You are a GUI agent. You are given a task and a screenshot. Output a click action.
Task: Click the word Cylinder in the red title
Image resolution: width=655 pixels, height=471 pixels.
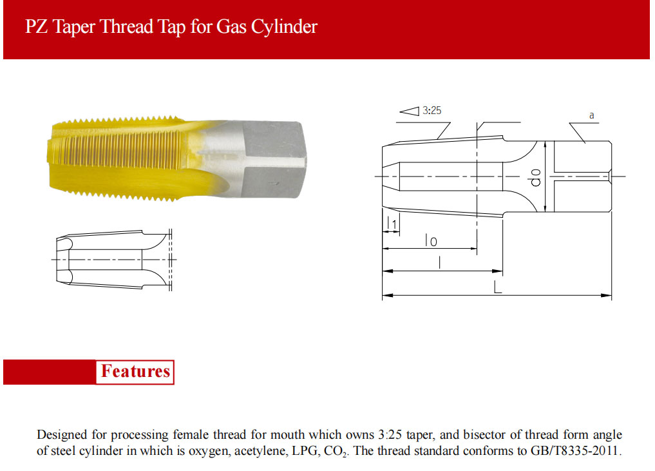coord(284,27)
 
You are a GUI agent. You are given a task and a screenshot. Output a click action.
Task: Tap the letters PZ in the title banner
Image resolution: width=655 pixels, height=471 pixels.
coord(37,26)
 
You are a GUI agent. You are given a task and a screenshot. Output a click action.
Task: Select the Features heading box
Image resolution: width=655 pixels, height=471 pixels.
coord(135,372)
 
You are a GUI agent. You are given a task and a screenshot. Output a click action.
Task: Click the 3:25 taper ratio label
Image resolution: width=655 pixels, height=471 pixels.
coord(432,110)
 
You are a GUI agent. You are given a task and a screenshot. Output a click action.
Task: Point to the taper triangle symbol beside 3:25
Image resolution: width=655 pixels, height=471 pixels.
coord(410,111)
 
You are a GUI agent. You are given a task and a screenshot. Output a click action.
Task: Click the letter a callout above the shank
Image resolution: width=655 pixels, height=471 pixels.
coord(591,115)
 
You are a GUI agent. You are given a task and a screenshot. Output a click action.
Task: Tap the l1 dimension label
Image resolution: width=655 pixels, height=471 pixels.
coord(392,223)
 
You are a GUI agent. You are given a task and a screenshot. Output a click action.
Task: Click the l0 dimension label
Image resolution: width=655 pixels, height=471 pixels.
coord(431,240)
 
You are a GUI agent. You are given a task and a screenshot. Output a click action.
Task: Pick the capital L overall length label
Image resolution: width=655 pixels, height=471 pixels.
coord(497,287)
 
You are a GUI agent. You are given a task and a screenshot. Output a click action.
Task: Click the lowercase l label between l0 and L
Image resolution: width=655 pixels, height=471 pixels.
coord(439,262)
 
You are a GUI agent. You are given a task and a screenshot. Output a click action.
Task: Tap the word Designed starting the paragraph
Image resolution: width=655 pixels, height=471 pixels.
coord(61,435)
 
